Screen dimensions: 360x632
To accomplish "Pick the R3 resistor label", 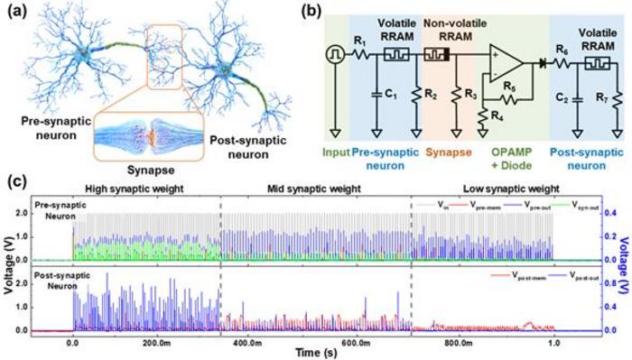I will [x=469, y=93].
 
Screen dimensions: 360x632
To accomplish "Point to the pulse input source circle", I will [x=334, y=54].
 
